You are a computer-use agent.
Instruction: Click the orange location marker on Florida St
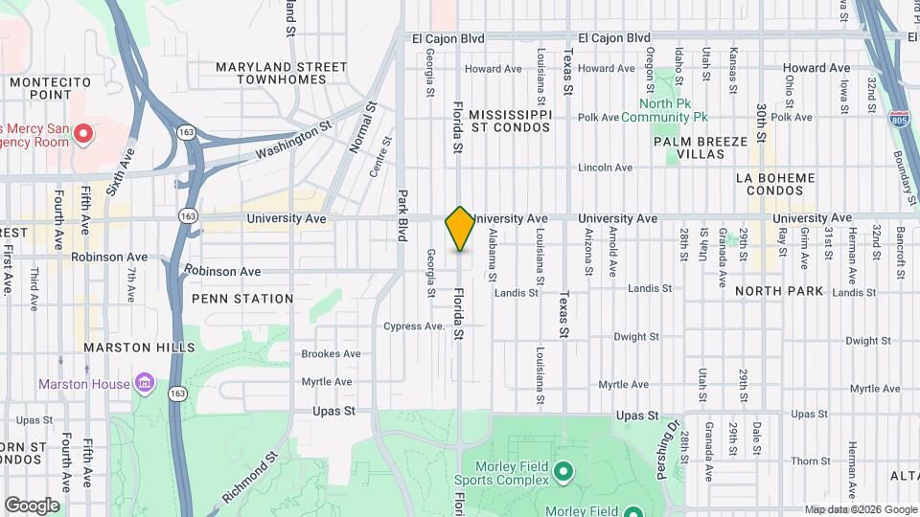click(460, 229)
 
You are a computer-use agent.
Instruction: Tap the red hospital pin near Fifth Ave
click(83, 134)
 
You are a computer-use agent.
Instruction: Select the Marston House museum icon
click(145, 384)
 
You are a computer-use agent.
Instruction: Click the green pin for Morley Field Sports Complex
click(563, 471)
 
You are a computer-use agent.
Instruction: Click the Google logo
click(32, 506)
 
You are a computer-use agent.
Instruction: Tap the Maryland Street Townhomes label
click(281, 73)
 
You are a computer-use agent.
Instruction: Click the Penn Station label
click(242, 299)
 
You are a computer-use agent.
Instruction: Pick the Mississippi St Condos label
click(511, 120)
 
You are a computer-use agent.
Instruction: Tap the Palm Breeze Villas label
click(701, 147)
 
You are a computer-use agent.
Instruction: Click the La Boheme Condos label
click(775, 185)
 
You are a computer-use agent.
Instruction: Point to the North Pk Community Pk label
click(664, 110)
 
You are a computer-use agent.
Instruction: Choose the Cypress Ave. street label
click(413, 326)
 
